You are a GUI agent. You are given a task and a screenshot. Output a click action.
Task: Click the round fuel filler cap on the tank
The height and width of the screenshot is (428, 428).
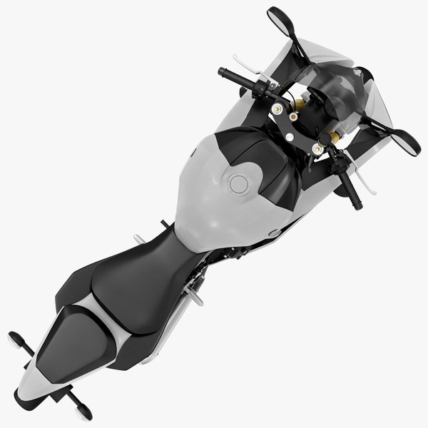(x=237, y=185)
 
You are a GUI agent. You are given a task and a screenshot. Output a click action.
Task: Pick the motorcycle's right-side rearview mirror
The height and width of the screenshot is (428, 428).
(x=406, y=140)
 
